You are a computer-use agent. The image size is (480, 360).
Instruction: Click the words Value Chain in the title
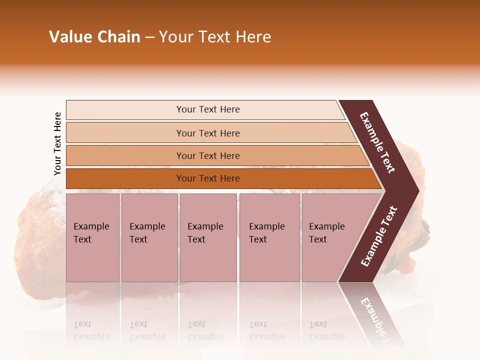tap(94, 37)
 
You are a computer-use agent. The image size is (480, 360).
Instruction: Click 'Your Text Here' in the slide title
tap(215, 37)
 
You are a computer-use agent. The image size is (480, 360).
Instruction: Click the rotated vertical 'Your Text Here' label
tap(57, 143)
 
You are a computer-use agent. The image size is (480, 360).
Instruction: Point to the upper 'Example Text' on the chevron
tap(377, 142)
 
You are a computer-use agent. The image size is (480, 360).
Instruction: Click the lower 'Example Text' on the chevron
tap(379, 236)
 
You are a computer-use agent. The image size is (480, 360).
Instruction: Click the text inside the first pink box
tap(91, 233)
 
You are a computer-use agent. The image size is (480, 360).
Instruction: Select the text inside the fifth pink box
tap(326, 233)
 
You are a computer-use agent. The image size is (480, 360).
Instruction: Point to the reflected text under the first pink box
tap(91, 330)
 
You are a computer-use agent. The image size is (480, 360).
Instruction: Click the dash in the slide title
tap(149, 37)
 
